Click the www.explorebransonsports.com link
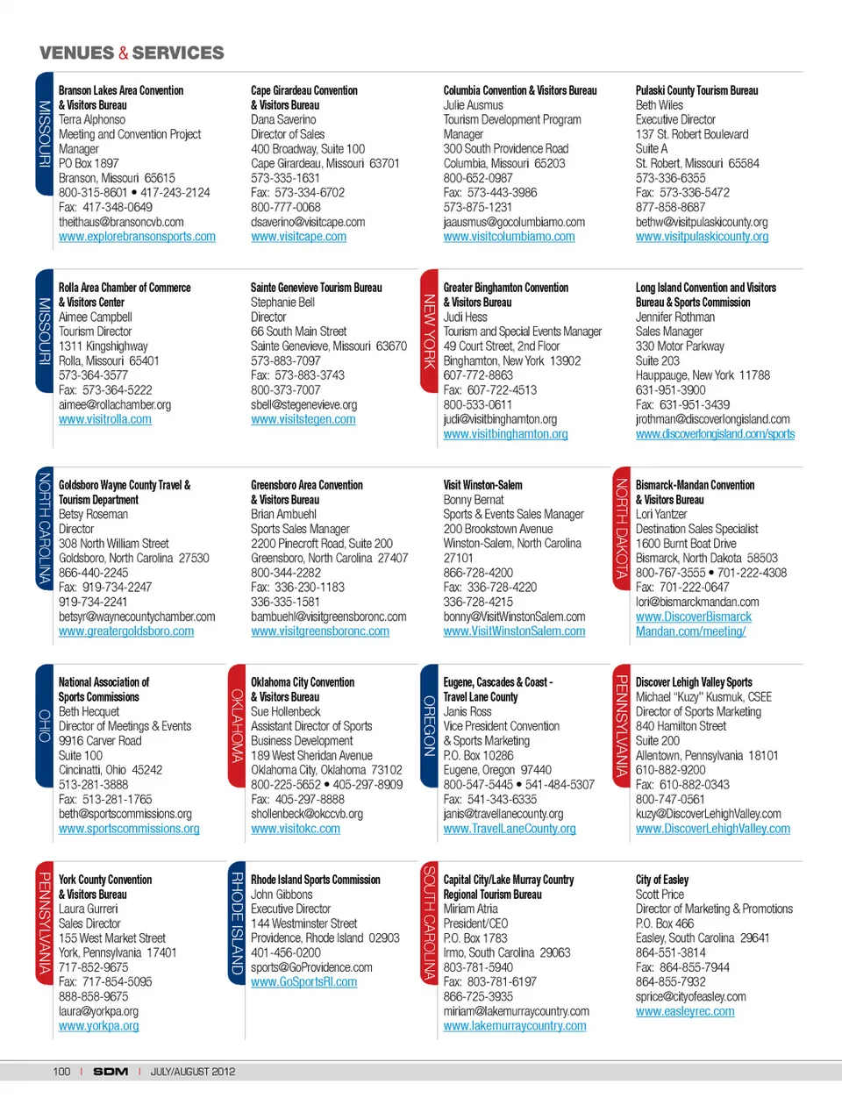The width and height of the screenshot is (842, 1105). tap(137, 237)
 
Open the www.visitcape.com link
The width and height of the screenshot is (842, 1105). tap(298, 237)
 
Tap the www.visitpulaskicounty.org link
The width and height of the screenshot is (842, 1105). tap(702, 237)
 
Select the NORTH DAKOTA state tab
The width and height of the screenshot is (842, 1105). tap(621, 528)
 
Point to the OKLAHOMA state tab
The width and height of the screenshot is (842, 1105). tap(237, 725)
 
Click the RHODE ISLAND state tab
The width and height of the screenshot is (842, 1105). tap(237, 923)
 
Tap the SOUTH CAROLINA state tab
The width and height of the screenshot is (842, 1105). tap(429, 923)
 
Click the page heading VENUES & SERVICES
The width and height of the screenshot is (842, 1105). tap(132, 53)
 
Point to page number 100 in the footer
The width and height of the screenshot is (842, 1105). tap(61, 1072)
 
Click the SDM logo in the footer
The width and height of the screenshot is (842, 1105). tap(111, 1072)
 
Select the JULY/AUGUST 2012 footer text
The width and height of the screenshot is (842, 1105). tap(193, 1072)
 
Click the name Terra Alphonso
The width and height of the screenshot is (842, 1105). tap(92, 120)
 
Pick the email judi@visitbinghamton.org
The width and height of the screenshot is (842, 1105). tap(500, 419)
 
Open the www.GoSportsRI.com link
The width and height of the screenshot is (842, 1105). tap(303, 982)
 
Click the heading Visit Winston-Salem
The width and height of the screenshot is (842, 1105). tap(482, 485)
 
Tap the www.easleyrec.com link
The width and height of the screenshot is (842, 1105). tap(685, 1011)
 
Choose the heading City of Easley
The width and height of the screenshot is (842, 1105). tap(662, 880)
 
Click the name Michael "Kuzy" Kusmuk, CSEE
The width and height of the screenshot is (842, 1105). tap(703, 697)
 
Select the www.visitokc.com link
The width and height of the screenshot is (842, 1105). tap(296, 829)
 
